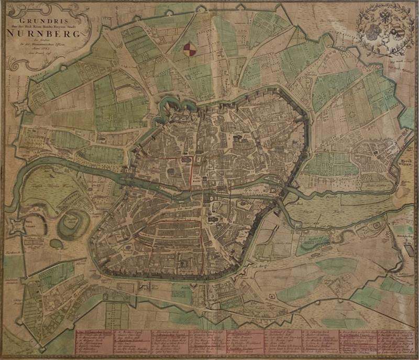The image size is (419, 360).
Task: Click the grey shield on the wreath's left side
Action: (372, 32)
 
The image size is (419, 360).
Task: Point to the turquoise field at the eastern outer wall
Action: (406, 117)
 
